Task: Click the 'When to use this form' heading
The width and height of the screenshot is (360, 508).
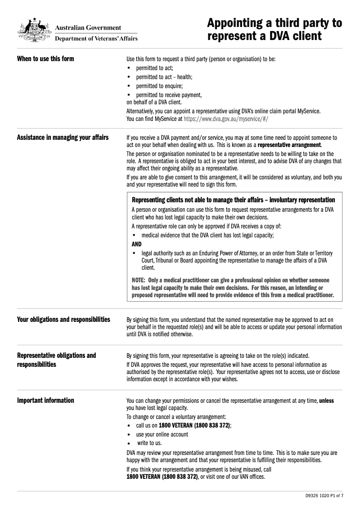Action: coord(45,59)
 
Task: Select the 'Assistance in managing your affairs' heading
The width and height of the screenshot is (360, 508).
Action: coord(63,138)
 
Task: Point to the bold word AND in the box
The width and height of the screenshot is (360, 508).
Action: coord(136,244)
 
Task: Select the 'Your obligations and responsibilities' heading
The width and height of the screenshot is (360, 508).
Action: coord(63,320)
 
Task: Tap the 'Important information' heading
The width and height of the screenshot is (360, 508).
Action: coord(45,401)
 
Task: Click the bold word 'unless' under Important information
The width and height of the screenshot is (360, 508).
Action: coord(326,401)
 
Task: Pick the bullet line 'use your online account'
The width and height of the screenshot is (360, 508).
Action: coord(162,434)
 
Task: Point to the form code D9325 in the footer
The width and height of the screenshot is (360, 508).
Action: coord(312,496)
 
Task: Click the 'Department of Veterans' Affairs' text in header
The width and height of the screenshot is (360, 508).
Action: coord(96,39)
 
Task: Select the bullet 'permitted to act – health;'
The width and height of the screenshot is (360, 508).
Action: coord(164,77)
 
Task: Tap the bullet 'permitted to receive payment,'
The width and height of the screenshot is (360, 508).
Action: coord(169,95)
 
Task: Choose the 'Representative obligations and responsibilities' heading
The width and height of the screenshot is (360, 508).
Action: coord(56,360)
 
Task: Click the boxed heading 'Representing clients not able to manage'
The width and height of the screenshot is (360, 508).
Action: coord(233,200)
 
